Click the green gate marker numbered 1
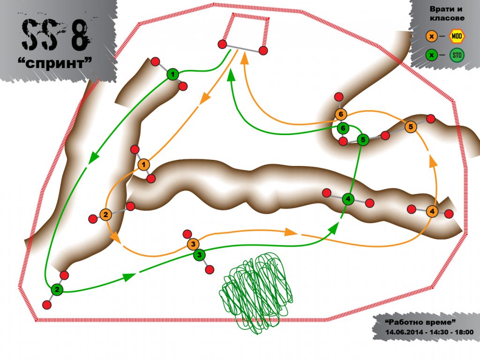tap(172, 75)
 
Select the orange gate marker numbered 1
tap(143, 165)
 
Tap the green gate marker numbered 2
tap(57, 289)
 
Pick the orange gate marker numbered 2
tap(105, 214)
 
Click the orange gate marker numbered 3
tap(193, 244)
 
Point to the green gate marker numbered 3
tap(199, 255)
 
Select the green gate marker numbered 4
tap(348, 199)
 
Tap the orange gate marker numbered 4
tap(432, 211)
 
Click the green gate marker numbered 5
tap(363, 140)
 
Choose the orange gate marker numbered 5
tap(411, 127)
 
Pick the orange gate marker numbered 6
tap(340, 114)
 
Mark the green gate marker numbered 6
tap(343, 128)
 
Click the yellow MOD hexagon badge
tap(457, 37)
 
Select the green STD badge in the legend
tap(457, 55)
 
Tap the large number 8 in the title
tap(80, 35)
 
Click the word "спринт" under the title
tap(55, 63)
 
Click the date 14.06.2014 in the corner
tap(404, 332)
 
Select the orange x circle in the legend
tap(432, 37)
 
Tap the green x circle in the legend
tap(432, 55)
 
